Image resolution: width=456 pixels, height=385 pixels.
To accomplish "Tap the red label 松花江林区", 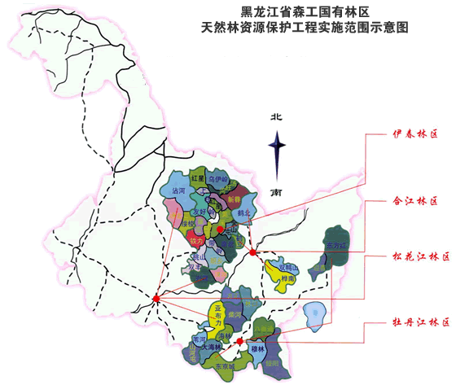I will [419, 257].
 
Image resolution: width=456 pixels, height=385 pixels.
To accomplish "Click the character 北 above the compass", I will [277, 117].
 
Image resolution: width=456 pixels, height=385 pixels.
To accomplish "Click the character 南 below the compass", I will [277, 192].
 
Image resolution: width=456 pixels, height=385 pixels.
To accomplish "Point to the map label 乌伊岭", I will [218, 178].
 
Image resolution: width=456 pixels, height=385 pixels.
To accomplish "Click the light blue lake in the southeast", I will [318, 313].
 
